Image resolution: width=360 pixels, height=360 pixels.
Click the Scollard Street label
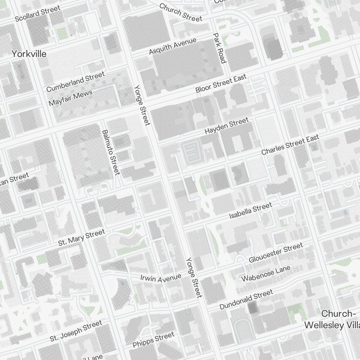coord(37,14)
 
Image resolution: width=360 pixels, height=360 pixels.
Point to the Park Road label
coord(219,48)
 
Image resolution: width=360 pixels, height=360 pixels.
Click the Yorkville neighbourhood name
coord(29,54)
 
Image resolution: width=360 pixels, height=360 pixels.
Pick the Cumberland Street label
coord(75,82)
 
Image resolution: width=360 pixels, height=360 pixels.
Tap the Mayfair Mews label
coord(70,98)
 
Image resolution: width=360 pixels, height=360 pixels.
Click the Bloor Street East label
coord(221,84)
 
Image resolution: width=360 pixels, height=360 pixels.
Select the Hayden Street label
coord(226,126)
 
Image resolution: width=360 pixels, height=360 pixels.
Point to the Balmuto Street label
coord(111,152)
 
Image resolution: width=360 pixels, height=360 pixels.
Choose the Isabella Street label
coord(251,211)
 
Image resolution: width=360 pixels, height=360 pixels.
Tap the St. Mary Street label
coord(81,238)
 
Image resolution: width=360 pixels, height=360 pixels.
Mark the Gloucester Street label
coord(276,253)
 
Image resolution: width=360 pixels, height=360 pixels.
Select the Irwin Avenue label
coord(161,278)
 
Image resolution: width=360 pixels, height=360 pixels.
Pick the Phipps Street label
coord(153,340)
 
